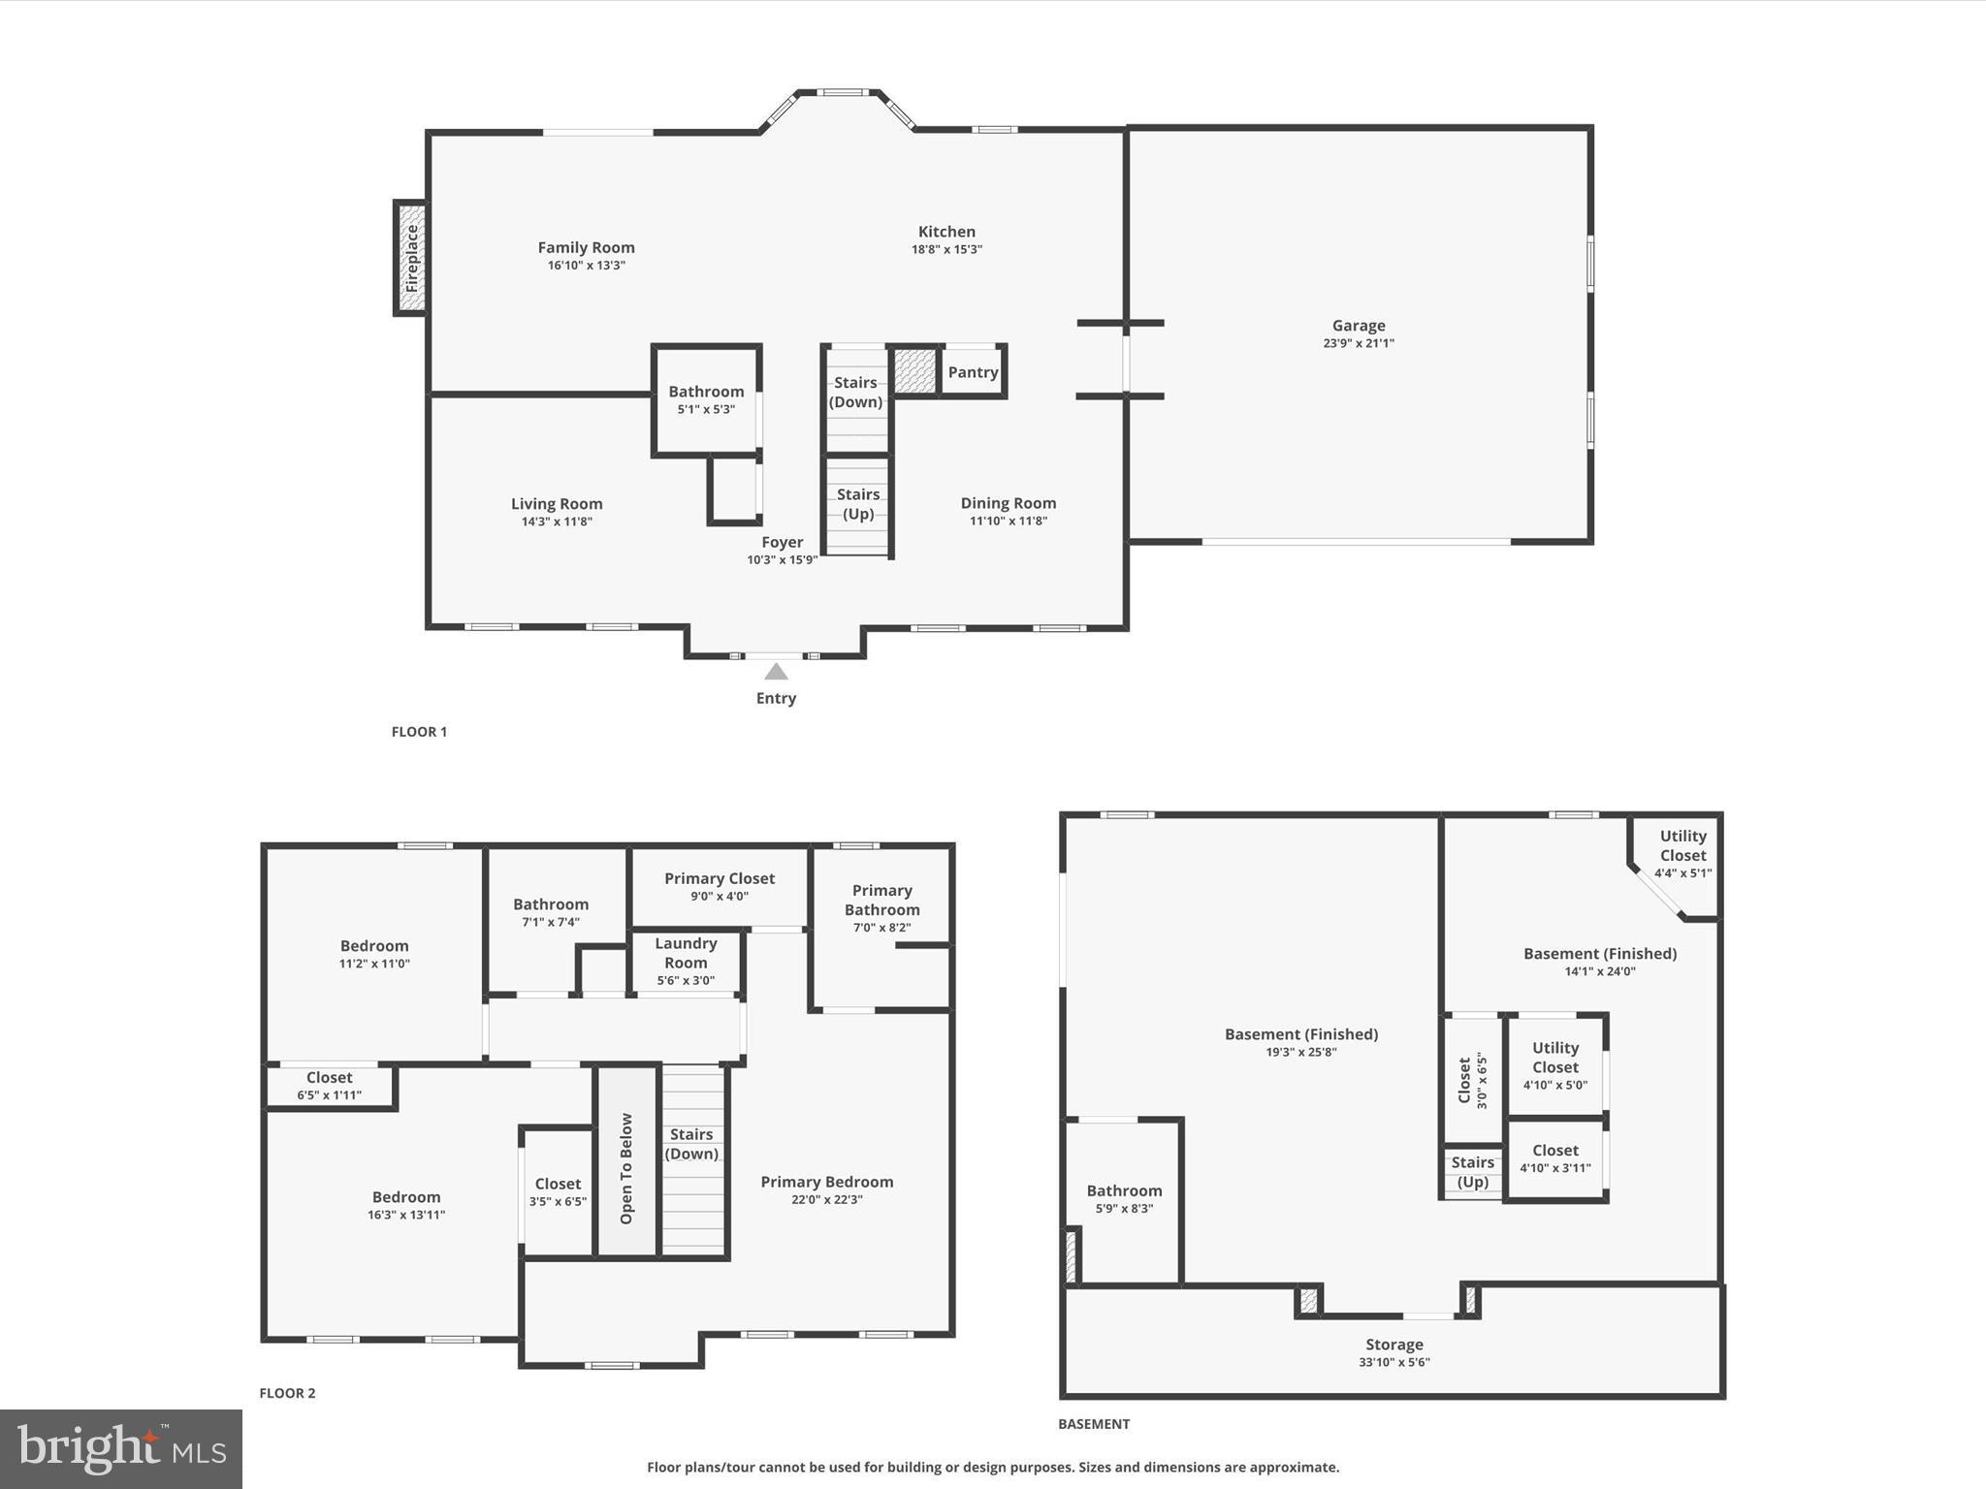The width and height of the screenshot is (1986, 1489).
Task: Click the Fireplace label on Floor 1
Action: [x=411, y=258]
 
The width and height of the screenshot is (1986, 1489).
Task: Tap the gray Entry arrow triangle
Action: [x=776, y=672]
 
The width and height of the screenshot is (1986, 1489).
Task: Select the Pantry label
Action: [x=973, y=372]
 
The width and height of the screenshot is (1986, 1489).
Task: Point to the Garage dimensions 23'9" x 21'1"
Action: [x=1358, y=343]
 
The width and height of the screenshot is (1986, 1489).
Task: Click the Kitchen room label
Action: [x=946, y=232]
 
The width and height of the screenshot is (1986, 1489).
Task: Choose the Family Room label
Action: [x=586, y=247]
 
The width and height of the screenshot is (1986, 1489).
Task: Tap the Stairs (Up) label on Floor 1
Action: [x=858, y=504]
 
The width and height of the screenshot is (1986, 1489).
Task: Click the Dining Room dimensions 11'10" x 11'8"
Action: [x=1009, y=521]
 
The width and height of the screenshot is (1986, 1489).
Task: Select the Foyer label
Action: [x=782, y=542]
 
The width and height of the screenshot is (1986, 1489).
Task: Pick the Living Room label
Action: [x=557, y=503]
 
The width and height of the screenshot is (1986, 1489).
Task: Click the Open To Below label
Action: [x=626, y=1168]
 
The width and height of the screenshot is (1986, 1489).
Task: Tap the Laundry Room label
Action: [x=686, y=953]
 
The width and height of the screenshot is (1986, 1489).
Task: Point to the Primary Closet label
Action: [x=719, y=878]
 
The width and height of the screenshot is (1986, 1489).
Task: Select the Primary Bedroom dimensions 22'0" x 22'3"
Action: [x=826, y=1199]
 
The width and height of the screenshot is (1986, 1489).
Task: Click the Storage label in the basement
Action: [x=1393, y=1345]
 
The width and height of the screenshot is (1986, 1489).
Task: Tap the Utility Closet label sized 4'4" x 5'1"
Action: [x=1682, y=845]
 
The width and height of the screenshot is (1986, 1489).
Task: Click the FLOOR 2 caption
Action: [x=287, y=1393]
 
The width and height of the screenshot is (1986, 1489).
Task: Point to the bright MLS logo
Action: [x=121, y=1448]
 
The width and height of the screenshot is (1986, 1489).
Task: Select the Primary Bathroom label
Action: [x=881, y=900]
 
